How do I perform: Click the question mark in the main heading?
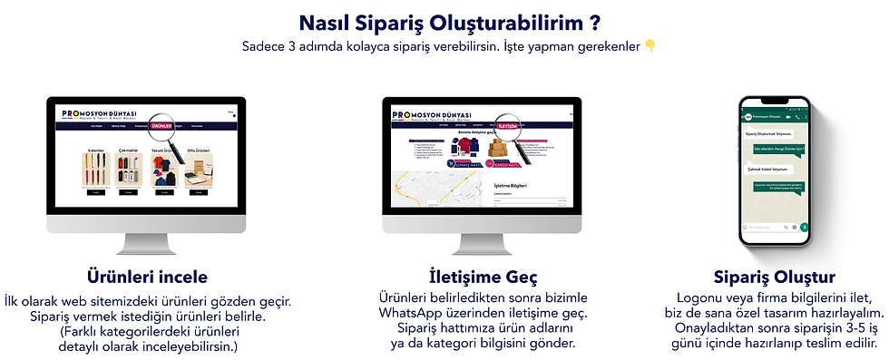tap(593, 20)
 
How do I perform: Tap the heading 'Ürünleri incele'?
tap(147, 276)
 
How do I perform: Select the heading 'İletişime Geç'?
tap(482, 276)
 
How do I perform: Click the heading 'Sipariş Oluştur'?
tap(775, 276)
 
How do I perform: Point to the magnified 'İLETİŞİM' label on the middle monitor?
tap(508, 127)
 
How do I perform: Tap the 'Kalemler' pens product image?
tap(95, 171)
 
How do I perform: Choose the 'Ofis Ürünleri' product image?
tap(197, 170)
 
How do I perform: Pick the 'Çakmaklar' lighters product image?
tap(129, 171)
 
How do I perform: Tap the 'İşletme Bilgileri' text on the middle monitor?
tap(511, 187)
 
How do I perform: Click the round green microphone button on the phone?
tap(804, 226)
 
